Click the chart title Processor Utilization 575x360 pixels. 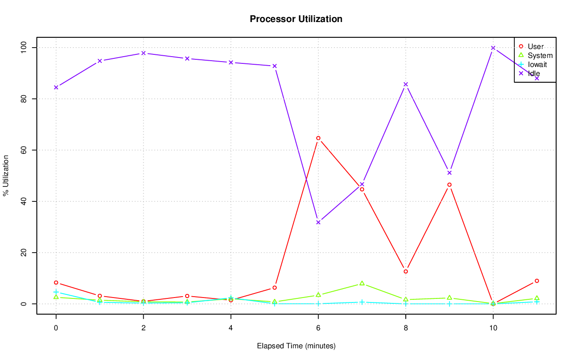[296, 19]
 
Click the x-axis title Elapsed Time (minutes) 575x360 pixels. [296, 346]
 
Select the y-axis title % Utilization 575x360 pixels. [6, 175]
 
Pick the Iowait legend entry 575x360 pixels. [537, 64]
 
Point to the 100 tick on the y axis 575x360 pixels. [23, 48]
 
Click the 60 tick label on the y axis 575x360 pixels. [23, 150]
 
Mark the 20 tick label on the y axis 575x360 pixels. [23, 253]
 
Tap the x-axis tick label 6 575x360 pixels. [318, 329]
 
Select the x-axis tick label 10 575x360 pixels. [493, 329]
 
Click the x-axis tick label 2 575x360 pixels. [143, 329]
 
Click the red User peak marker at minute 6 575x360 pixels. [318, 138]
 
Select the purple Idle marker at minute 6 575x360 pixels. [318, 222]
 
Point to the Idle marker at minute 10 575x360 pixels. [493, 48]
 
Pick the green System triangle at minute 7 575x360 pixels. [362, 284]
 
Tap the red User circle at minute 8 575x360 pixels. [406, 271]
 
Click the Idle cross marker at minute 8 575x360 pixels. [406, 84]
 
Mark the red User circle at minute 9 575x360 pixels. [449, 185]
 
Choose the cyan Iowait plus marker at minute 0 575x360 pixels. [56, 292]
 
